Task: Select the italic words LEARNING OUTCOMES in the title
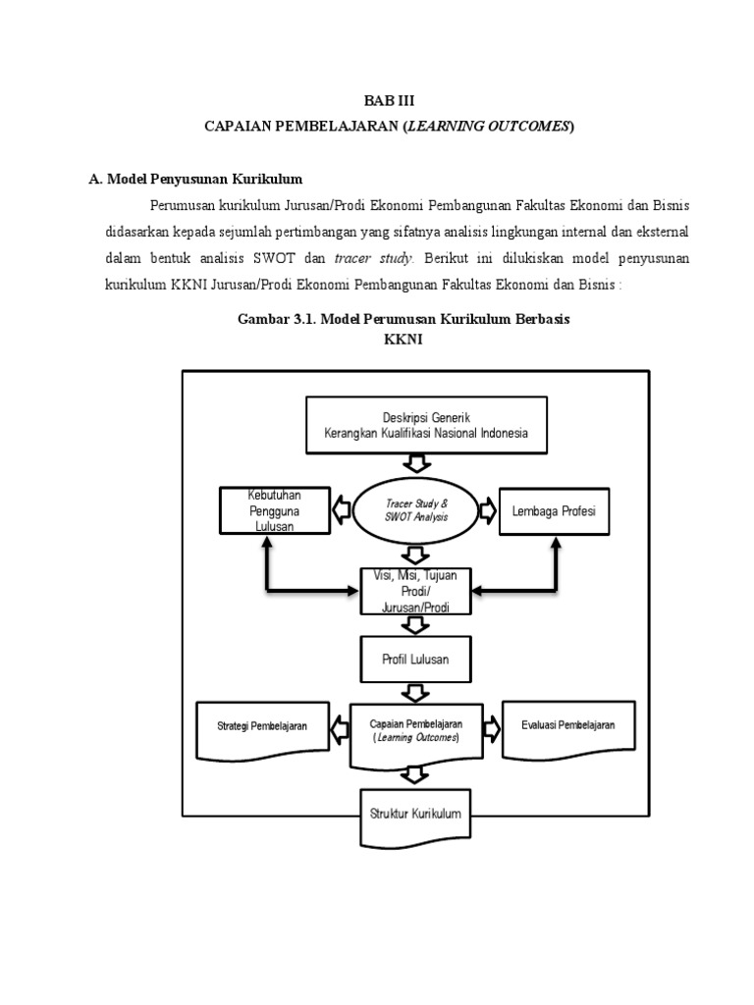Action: click(487, 126)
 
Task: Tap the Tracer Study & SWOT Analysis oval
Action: click(416, 509)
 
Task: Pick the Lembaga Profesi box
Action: click(554, 510)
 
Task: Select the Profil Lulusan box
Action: click(415, 659)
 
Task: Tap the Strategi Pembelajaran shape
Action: click(262, 729)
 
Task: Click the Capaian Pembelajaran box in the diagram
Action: click(416, 730)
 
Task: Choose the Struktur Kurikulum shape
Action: click(415, 814)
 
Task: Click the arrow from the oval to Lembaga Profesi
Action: click(486, 509)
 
